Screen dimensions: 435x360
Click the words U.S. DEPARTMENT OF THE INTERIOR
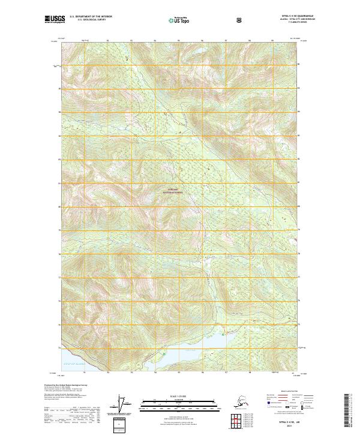coord(91,17)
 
